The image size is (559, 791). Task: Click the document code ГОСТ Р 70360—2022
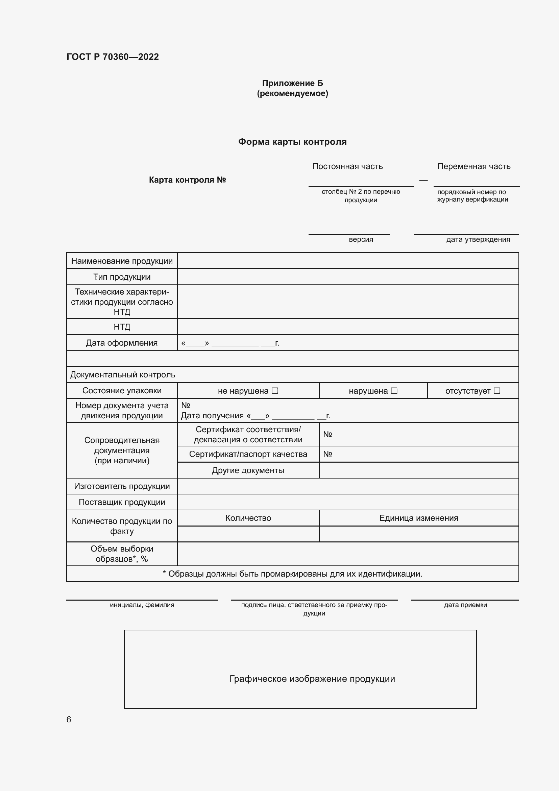[x=113, y=57]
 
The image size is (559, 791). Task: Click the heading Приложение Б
[x=292, y=83]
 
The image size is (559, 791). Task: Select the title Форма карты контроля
[x=292, y=142]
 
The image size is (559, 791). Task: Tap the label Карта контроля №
[x=187, y=180]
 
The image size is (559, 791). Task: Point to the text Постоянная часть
[x=347, y=166]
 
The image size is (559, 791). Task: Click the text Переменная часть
[x=473, y=166]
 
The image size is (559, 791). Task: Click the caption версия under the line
[x=361, y=239]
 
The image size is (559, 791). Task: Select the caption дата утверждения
[x=478, y=239]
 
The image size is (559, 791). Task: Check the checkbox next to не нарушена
[x=275, y=390]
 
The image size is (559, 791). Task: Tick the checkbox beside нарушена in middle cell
[x=394, y=390]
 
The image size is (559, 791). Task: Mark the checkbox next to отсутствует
[x=497, y=390]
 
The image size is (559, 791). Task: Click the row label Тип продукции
[x=122, y=277]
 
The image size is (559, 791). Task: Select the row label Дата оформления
[x=122, y=343]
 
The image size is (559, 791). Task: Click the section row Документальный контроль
[x=123, y=374]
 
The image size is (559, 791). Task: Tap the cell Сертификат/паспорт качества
[x=248, y=454]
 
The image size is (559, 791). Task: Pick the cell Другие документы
[x=248, y=470]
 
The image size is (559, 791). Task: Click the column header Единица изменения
[x=418, y=518]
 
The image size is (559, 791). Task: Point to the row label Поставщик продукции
[x=122, y=502]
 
